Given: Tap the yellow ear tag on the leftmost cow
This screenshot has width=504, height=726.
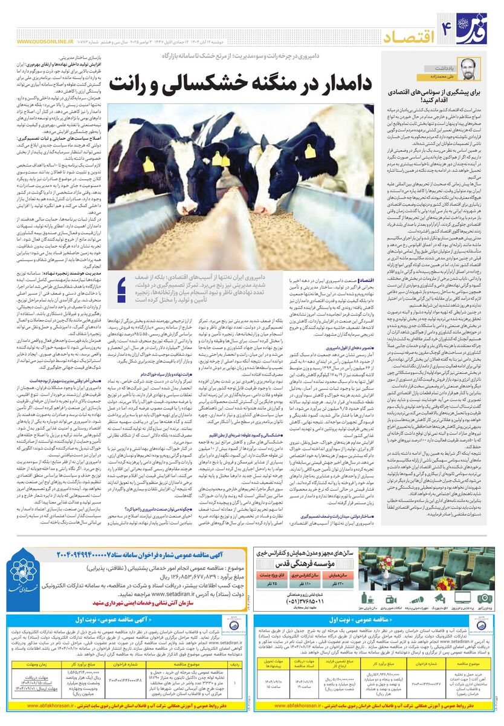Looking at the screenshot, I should click(149, 163).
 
